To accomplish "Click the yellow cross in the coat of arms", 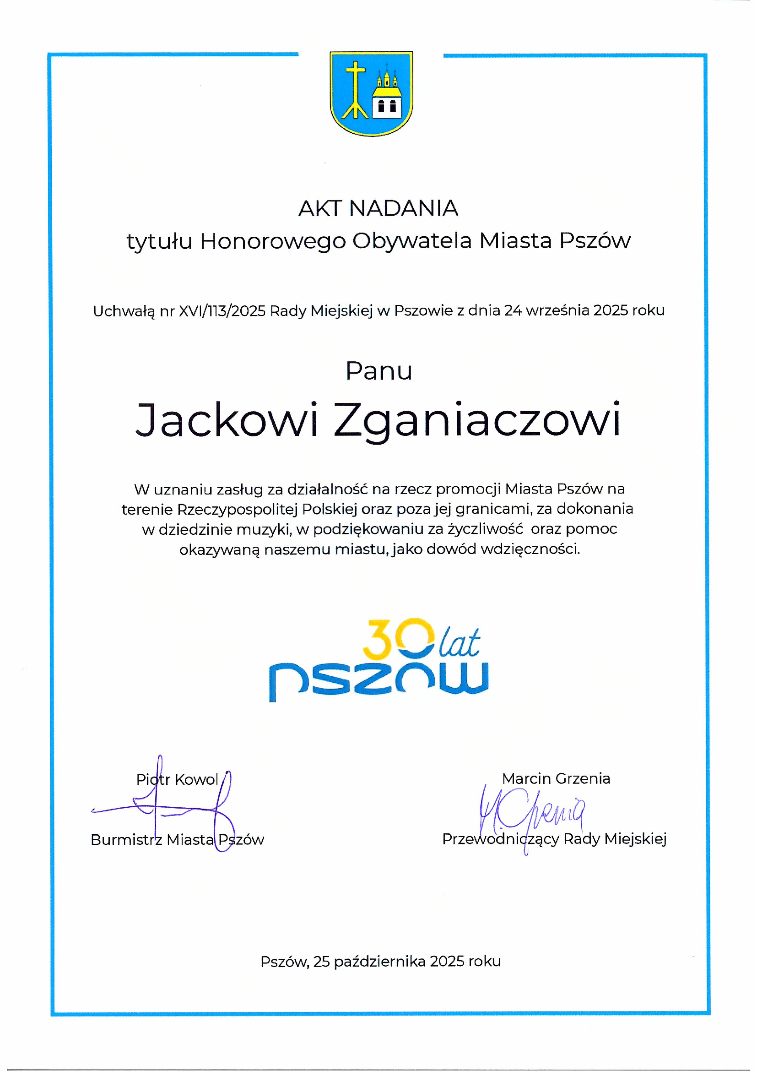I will tap(355, 89).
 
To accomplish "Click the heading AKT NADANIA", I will tap(378, 208).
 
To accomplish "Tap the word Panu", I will tap(378, 371).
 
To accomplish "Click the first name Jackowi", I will tap(227, 420).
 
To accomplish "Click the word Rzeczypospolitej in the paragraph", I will tap(237, 509).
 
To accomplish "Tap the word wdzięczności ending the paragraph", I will tap(530, 549).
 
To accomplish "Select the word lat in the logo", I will tap(459, 644).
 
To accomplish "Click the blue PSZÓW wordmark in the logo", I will tap(378, 681).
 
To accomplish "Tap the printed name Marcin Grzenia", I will tap(556, 778).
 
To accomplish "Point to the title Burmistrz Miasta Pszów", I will tap(177, 840).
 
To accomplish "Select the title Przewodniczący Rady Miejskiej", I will tap(554, 839).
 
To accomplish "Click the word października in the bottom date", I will tap(379, 962).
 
